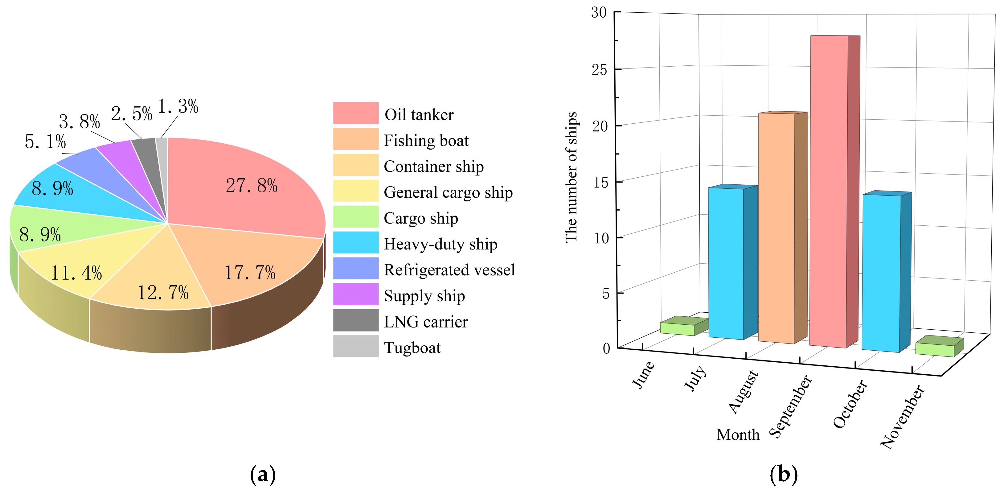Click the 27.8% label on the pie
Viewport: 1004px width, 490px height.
pos(252,186)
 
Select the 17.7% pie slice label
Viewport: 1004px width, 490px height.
pos(250,273)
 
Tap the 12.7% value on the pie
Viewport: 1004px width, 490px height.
pos(163,293)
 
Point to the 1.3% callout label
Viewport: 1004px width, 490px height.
pos(178,106)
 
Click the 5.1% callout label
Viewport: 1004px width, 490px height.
pos(45,142)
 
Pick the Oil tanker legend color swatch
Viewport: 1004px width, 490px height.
pos(355,113)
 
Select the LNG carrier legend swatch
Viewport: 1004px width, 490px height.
pos(355,320)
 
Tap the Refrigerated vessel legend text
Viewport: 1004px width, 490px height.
pos(449,270)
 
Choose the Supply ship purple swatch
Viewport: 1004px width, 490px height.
pos(355,294)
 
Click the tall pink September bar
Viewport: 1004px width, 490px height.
pos(829,191)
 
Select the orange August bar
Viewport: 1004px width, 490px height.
pos(777,228)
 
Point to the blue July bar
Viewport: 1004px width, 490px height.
pos(726,263)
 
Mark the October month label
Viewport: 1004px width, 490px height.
pos(850,404)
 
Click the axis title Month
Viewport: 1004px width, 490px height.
pos(738,434)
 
